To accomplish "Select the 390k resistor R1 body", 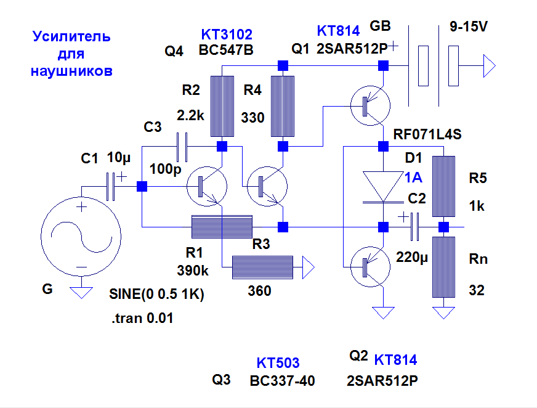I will coord(222,227).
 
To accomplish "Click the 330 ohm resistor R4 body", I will coord(283,106).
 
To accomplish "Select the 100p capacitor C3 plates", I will coord(182,146).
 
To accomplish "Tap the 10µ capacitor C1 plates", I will coord(111,187).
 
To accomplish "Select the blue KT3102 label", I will coord(227,35).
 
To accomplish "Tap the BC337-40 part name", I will coord(282,381).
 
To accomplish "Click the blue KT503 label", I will coord(278,363).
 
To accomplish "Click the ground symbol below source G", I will coord(81,292).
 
